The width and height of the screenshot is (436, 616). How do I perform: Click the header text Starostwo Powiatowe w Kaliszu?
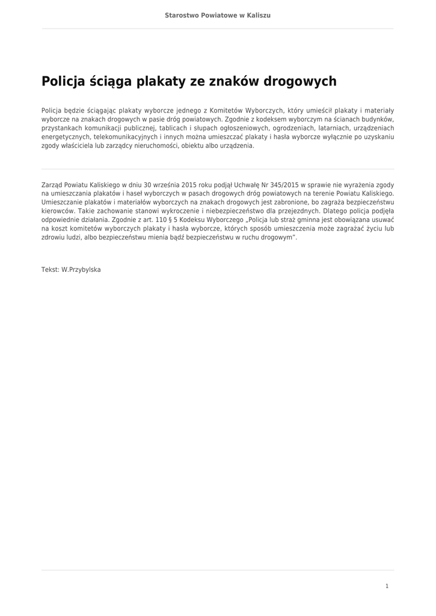[x=218, y=15]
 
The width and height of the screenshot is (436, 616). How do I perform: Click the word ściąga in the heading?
[x=111, y=81]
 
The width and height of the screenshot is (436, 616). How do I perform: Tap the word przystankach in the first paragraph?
[x=61, y=128]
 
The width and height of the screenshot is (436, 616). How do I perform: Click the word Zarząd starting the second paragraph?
[x=54, y=185]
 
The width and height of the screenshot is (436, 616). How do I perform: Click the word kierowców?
[x=58, y=211]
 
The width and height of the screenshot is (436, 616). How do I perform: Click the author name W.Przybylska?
[x=81, y=270]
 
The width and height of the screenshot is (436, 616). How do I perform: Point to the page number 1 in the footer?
[x=387, y=586]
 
